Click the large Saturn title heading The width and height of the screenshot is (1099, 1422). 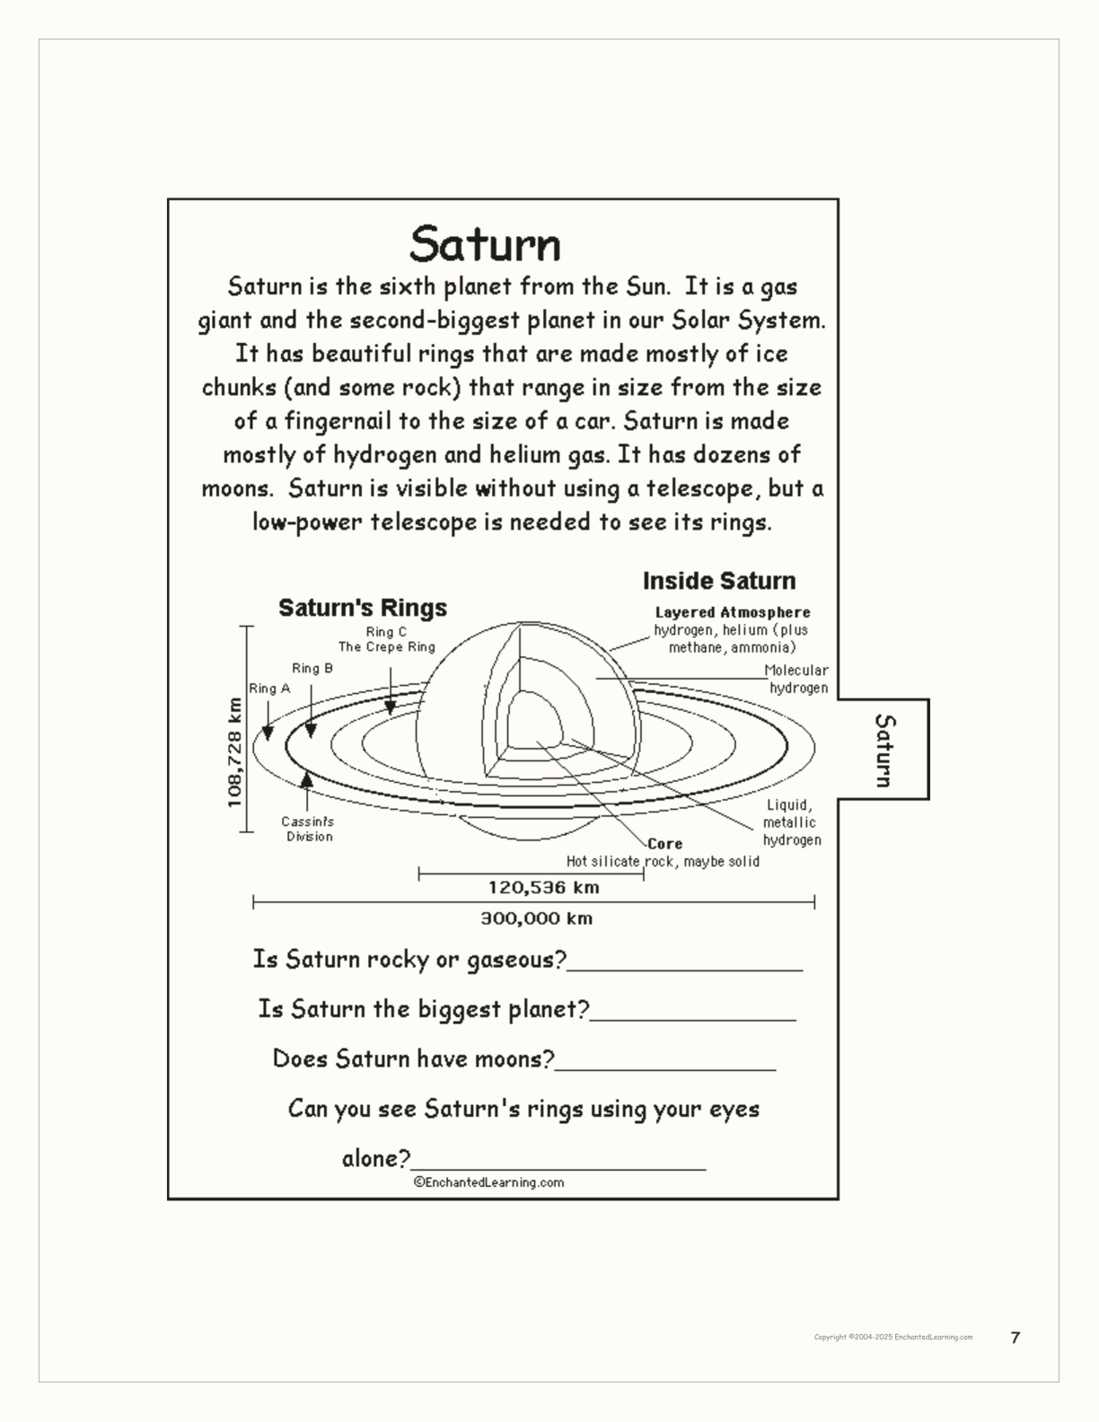(485, 243)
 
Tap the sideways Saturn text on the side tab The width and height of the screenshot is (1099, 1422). (885, 750)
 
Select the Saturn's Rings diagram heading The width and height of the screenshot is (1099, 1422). (363, 608)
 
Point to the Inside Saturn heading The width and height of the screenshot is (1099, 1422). (719, 581)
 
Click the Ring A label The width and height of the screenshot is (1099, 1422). (269, 689)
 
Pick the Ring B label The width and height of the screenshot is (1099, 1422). (312, 668)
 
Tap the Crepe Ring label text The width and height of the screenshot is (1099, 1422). (386, 646)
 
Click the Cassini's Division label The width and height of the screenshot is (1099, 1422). (308, 829)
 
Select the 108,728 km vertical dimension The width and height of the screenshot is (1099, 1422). (235, 752)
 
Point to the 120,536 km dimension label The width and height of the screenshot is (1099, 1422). (543, 888)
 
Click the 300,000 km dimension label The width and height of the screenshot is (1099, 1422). (536, 918)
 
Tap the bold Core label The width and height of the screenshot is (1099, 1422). (665, 844)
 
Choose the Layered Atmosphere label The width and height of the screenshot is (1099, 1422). (733, 612)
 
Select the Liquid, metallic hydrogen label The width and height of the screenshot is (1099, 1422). (791, 822)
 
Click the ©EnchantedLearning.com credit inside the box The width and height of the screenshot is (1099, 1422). (489, 1182)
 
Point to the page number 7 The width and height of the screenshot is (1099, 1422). (1015, 1338)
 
